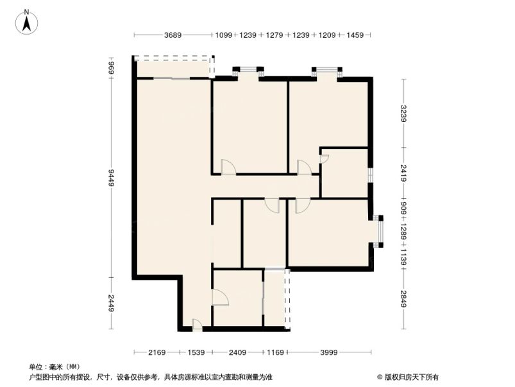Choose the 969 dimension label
[x=111, y=67]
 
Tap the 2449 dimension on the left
[x=111, y=303]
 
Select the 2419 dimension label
[x=403, y=173]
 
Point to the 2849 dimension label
[x=403, y=300]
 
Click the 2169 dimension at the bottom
[x=156, y=352]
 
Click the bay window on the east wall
[x=378, y=231]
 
